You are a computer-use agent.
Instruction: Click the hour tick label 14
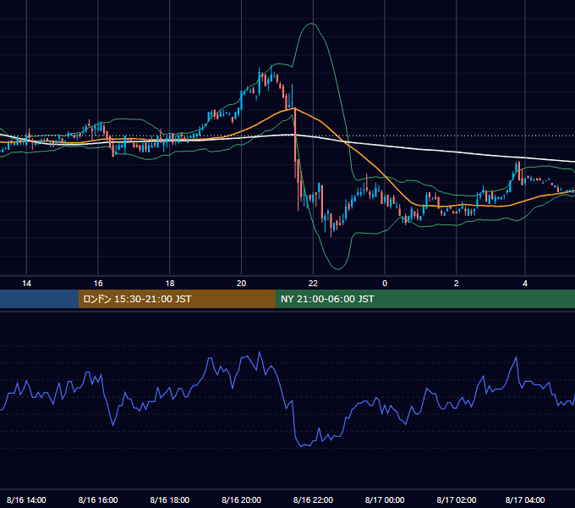26,284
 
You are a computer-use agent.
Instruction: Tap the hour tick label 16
98,284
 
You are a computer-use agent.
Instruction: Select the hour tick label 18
170,284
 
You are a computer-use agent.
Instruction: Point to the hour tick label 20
241,284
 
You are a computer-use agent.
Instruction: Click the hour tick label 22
313,284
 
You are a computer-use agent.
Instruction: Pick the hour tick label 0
385,284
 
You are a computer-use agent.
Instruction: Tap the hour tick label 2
456,284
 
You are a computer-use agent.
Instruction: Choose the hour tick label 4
525,284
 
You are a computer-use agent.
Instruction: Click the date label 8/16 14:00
26,500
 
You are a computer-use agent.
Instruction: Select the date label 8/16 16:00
98,500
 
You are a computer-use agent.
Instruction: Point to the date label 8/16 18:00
170,500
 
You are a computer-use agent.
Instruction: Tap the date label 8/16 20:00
241,500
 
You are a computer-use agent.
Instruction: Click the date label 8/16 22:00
313,500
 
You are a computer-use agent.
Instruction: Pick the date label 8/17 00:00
385,500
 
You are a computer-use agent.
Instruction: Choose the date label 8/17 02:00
457,500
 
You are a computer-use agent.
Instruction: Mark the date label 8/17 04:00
525,500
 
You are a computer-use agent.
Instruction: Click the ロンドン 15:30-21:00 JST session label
137,299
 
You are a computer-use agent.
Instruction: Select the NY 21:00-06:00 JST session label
327,299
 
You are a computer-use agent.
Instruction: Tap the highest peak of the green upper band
312,24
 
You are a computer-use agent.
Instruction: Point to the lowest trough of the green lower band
337,269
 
